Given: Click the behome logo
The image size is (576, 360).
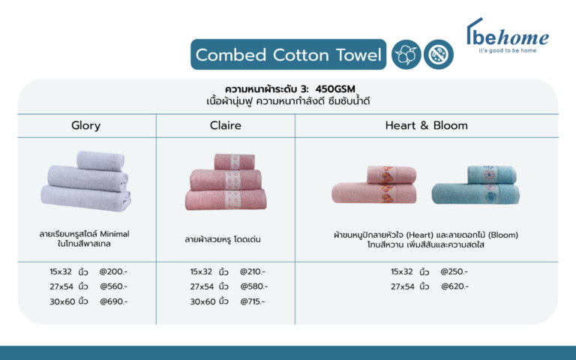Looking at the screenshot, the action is pos(508,36).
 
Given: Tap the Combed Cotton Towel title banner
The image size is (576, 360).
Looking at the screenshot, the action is pos(288,54).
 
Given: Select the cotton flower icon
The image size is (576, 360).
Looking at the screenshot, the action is pos(406,55).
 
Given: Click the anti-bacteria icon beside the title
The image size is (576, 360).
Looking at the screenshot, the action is pos(439,55).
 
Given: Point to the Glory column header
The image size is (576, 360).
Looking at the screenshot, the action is pos(86,126).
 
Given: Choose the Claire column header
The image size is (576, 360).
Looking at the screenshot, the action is pos(226,126).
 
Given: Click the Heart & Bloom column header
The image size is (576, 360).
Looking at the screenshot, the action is pos(427,126).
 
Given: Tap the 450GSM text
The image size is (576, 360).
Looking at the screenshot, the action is pos(335,89).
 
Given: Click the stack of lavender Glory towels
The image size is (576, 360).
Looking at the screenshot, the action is pos(86,181).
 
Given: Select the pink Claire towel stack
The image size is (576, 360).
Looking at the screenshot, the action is pos(226,181).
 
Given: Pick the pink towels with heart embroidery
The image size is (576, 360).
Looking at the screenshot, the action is pos(374,184).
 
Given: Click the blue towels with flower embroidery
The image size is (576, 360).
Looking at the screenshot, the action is pos(475,184).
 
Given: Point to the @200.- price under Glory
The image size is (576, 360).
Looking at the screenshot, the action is pos(113,271).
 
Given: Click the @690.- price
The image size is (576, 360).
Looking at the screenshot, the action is pos(114,301).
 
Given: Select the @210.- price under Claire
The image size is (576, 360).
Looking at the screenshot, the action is pos(253,271).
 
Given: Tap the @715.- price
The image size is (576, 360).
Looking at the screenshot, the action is pos(253,301).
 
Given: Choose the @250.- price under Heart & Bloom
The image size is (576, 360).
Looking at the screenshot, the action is pos(454,271).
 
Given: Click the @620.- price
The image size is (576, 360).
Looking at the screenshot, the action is pos(455,286).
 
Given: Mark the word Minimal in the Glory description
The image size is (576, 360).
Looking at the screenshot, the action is pos(115,234).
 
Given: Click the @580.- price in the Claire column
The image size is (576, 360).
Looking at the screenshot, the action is pos(254,286).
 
